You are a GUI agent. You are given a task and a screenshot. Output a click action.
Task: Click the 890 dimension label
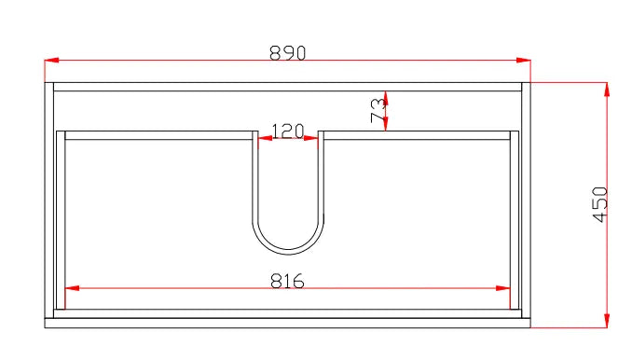pyautogui.click(x=287, y=53)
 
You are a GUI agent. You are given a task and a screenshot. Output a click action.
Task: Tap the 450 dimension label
pyautogui.click(x=600, y=204)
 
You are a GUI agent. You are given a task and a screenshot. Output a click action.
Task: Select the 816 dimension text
pyautogui.click(x=287, y=281)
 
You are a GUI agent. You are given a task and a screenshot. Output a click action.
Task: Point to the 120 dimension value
pyautogui.click(x=288, y=132)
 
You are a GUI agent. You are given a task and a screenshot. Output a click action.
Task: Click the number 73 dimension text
pyautogui.click(x=378, y=111)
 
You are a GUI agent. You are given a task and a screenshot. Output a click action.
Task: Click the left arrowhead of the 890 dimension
pyautogui.click(x=51, y=60)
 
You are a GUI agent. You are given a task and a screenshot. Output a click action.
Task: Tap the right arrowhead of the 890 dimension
pyautogui.click(x=524, y=60)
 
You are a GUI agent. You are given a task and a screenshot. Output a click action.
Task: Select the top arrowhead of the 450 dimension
pyautogui.click(x=607, y=90)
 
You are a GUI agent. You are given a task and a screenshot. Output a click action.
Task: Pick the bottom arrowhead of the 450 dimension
pyautogui.click(x=607, y=321)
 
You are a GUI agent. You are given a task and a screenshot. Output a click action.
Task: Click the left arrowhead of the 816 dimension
pyautogui.click(x=72, y=288)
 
